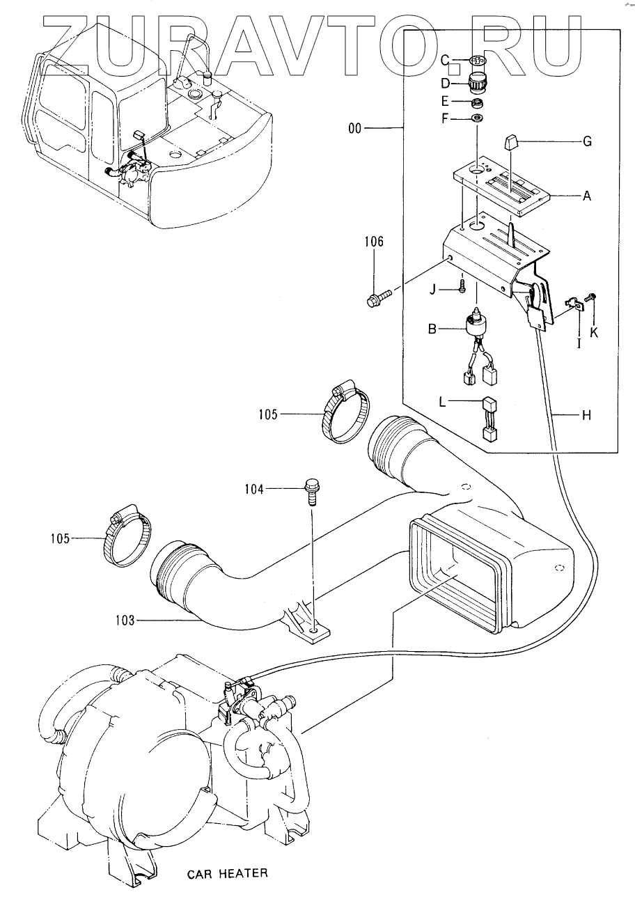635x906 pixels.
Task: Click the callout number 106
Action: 374,242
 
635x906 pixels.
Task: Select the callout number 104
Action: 254,490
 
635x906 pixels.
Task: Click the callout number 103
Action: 125,620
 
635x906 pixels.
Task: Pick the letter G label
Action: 587,141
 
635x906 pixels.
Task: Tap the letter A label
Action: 587,196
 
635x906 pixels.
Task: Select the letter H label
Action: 587,414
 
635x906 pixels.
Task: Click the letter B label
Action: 432,329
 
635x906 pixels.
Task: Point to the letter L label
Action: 442,403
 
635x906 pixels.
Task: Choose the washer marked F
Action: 477,118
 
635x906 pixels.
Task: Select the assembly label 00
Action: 354,129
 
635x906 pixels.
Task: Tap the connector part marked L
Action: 489,420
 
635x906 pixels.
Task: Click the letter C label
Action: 445,61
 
